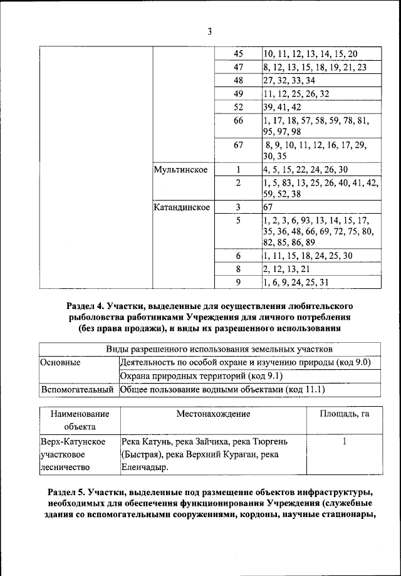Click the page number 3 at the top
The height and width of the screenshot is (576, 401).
[210, 31]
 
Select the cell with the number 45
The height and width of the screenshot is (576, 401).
[238, 54]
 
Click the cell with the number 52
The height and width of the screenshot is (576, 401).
[238, 107]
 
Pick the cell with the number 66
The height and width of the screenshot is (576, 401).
[238, 120]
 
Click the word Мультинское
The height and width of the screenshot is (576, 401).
[180, 170]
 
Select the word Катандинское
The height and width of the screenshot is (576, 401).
[182, 206]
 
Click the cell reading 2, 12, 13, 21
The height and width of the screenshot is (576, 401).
[286, 268]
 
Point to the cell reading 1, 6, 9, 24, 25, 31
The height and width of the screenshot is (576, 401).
[296, 282]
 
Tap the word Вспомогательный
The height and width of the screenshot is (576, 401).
[77, 390]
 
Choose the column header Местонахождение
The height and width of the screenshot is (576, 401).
[213, 414]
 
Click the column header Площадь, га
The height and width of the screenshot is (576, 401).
[344, 414]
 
